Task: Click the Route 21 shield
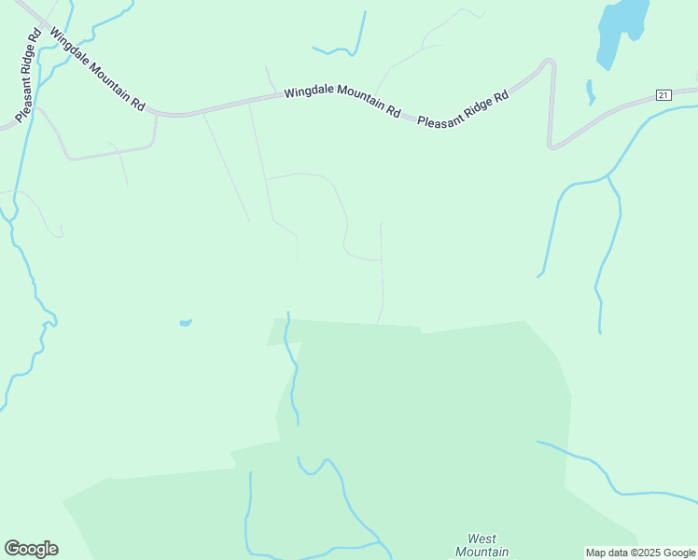click(x=663, y=95)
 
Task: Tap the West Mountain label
click(x=482, y=545)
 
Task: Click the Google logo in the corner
click(x=31, y=549)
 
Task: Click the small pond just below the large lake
click(x=590, y=91)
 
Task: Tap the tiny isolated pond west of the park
click(x=185, y=323)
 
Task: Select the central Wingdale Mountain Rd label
click(x=342, y=102)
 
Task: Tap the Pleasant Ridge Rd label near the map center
click(x=463, y=109)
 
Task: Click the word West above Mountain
click(x=482, y=539)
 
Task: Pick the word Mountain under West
click(x=482, y=552)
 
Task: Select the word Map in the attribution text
click(x=595, y=553)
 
